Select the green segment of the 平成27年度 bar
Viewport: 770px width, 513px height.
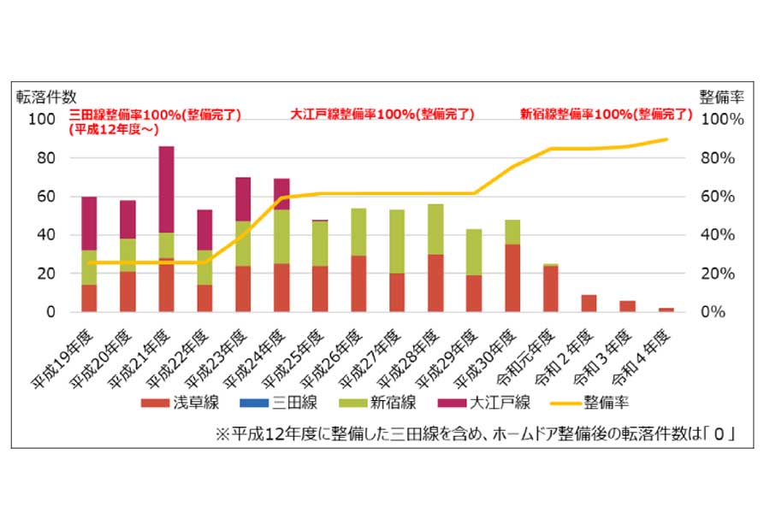coord(397,241)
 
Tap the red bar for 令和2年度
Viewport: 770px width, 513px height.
coord(589,303)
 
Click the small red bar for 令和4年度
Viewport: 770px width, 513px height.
coord(666,310)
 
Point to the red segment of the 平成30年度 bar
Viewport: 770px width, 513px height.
coord(512,278)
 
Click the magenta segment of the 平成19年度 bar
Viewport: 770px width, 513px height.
coord(89,223)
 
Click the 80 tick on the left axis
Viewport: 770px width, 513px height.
coord(44,158)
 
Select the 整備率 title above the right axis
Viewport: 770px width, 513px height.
coord(718,95)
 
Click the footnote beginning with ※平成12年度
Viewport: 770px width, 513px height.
coord(477,434)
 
